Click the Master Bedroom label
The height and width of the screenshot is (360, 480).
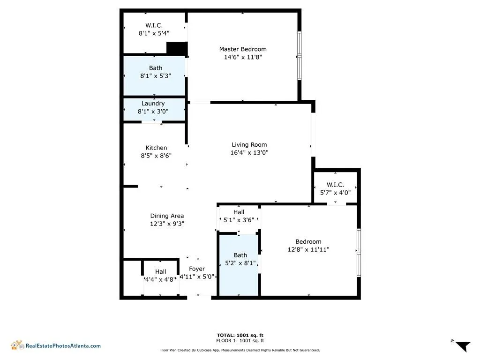[x=243, y=49]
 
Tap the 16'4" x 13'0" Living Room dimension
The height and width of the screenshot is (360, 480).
[x=249, y=152]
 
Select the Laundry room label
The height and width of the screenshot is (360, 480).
[x=153, y=104]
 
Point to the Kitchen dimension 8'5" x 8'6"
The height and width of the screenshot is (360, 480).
[x=156, y=155]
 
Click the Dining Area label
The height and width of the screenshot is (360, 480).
[x=167, y=216]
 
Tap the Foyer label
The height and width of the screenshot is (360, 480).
[x=197, y=269]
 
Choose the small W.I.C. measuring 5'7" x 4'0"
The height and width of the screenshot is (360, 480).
[x=335, y=188]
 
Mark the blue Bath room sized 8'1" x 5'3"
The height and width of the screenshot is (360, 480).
[x=155, y=75]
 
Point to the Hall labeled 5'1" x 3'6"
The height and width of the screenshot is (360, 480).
[x=239, y=216]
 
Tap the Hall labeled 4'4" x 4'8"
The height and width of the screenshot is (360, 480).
[x=161, y=276]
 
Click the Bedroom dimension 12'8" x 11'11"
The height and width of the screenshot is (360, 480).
[x=308, y=250]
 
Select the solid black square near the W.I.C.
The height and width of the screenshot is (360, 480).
[x=177, y=48]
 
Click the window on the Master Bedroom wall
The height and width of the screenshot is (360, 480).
[x=299, y=56]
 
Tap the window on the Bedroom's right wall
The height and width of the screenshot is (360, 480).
[x=359, y=253]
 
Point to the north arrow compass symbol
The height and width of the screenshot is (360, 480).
[x=462, y=345]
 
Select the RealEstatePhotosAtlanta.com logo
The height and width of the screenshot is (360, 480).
[x=56, y=345]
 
